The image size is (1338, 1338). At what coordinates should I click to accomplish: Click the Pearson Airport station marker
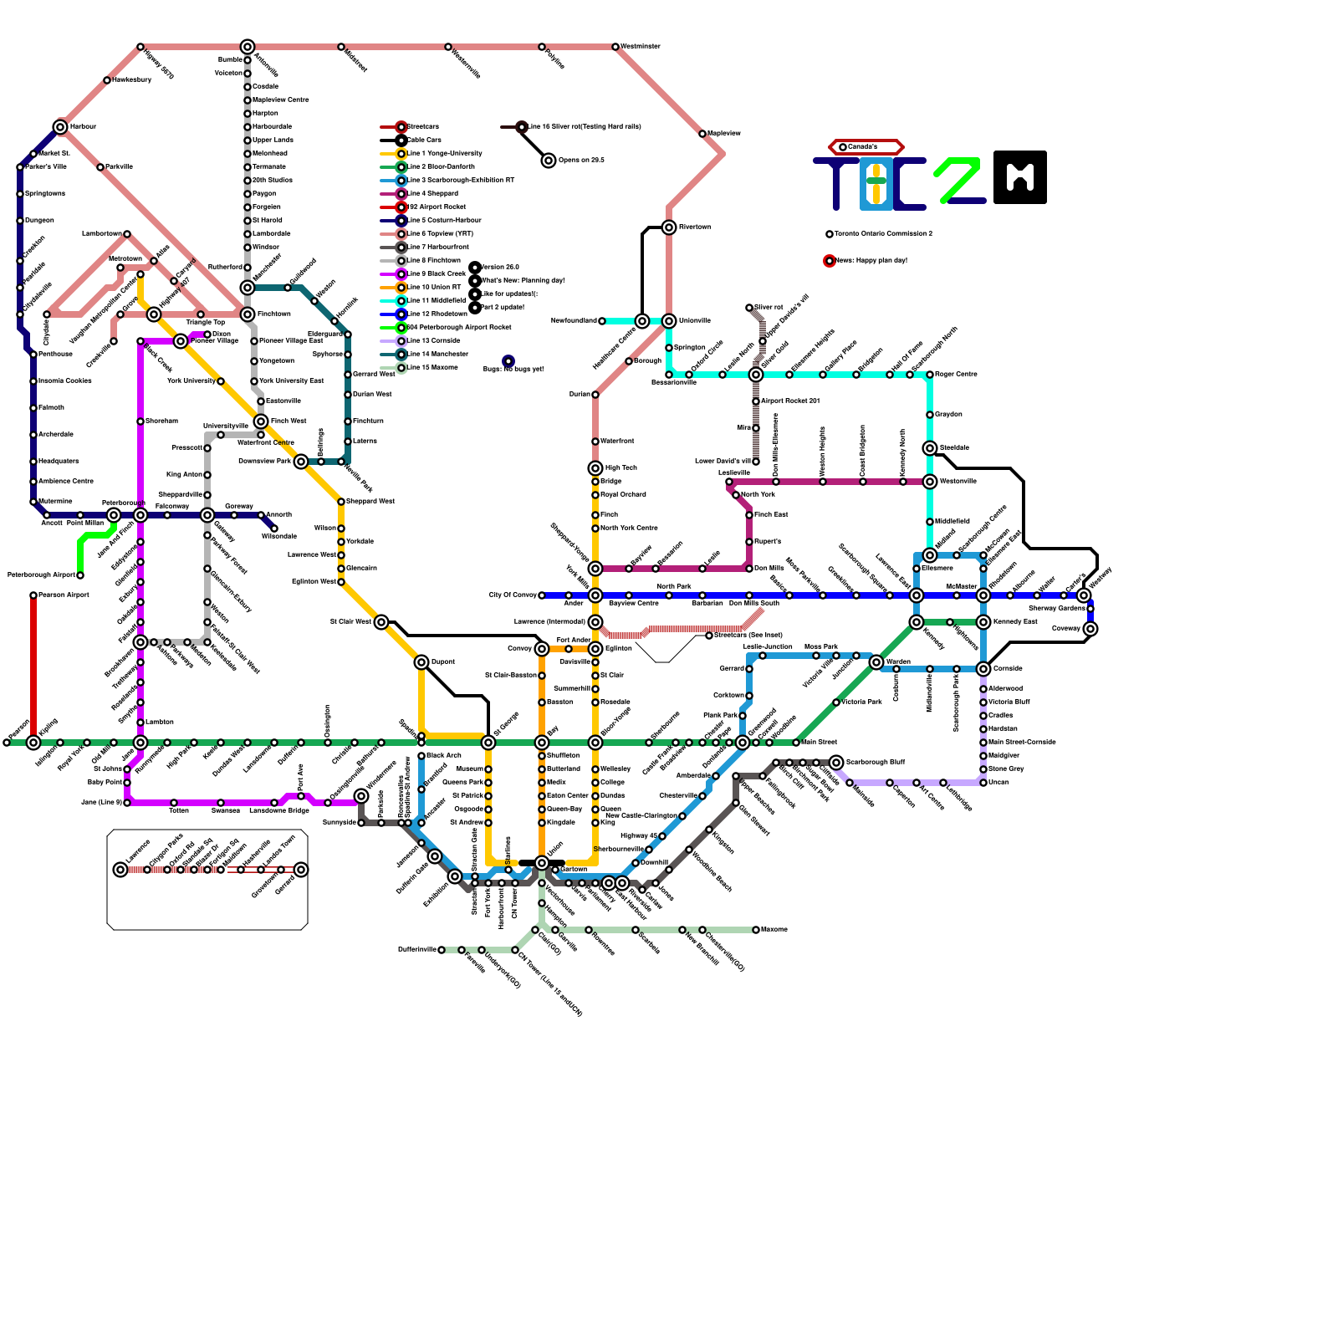[x=33, y=595]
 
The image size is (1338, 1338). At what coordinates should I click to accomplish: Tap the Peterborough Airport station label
[x=41, y=575]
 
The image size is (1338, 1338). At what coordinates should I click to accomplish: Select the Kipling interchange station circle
[x=33, y=743]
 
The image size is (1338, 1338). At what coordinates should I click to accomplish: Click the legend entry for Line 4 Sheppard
[x=432, y=194]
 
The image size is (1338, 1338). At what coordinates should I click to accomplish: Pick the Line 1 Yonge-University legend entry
[x=444, y=154]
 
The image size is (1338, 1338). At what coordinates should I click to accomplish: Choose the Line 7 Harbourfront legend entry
[x=438, y=248]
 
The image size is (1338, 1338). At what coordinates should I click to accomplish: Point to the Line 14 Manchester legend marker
[x=401, y=355]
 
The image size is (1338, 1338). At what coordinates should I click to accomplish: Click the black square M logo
[x=1020, y=177]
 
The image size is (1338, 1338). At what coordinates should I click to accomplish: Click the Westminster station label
[x=641, y=47]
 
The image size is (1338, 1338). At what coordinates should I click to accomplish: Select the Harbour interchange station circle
[x=60, y=127]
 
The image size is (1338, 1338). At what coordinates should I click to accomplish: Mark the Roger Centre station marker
[x=930, y=375]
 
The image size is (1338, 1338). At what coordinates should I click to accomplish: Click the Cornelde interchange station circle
[x=983, y=669]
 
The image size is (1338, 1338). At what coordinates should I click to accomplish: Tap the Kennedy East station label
[x=1015, y=622]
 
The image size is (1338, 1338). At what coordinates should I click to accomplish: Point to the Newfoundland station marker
[x=602, y=321]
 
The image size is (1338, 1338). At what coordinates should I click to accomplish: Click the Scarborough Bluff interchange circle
[x=836, y=763]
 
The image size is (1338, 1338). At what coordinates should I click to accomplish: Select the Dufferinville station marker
[x=442, y=950]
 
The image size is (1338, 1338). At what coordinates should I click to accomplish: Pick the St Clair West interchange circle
[x=381, y=622]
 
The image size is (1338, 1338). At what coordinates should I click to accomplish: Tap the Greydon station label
[x=948, y=415]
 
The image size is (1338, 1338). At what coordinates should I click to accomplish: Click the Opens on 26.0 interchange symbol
[x=549, y=161]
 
